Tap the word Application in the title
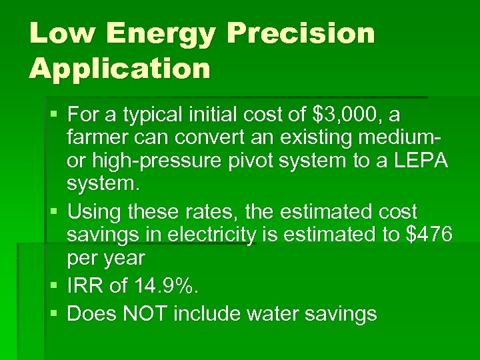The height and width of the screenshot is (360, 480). [120, 68]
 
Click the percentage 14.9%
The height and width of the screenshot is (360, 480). [163, 286]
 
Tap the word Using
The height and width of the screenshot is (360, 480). [94, 213]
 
